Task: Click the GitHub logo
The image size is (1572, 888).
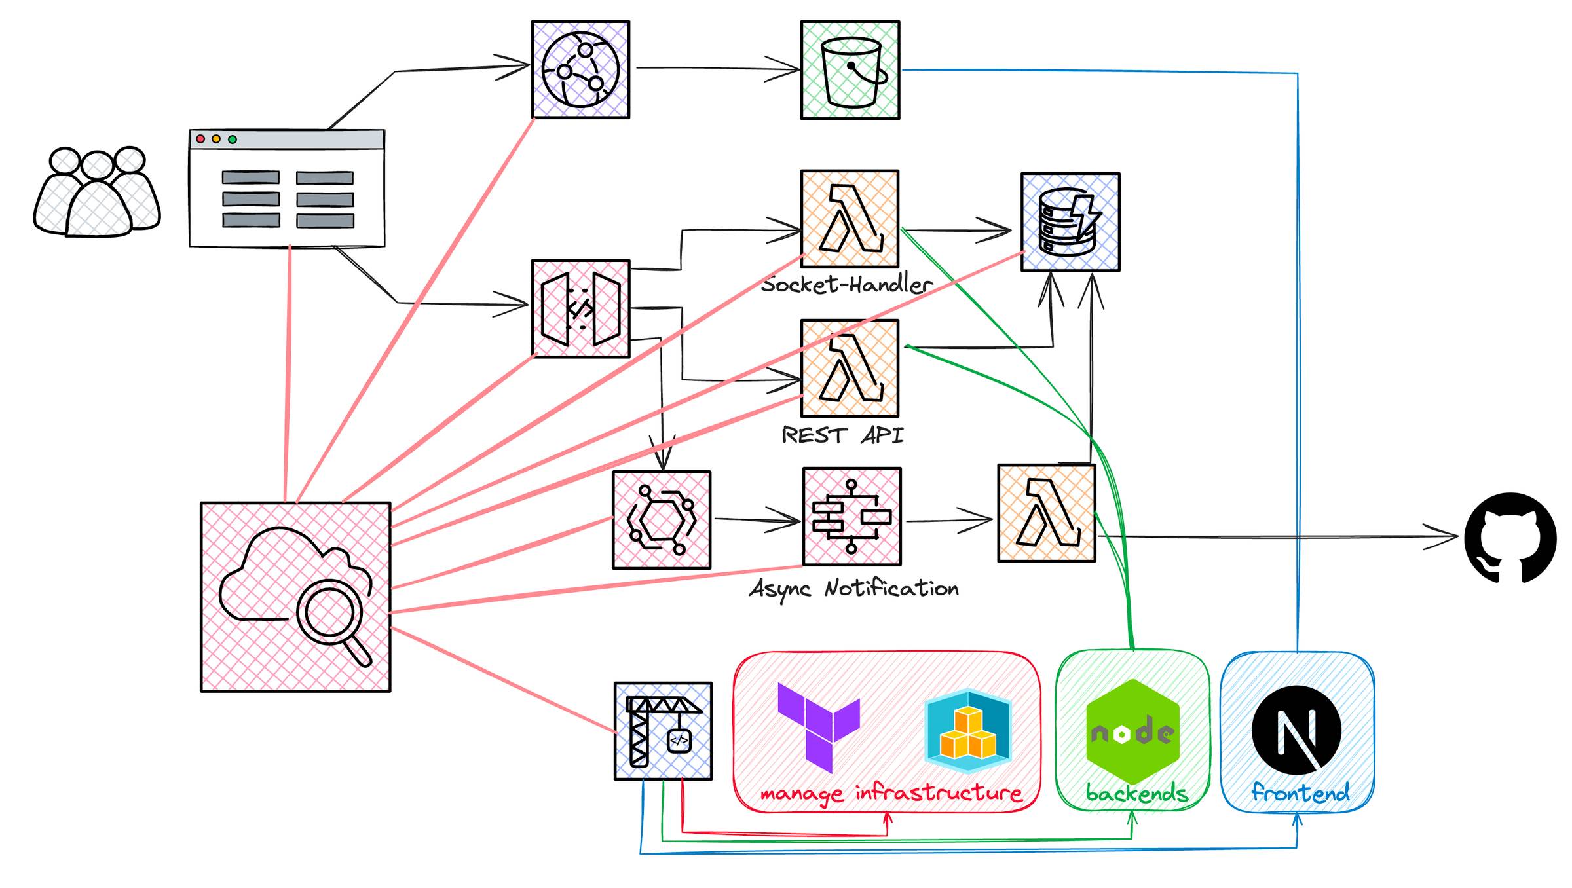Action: click(x=1510, y=538)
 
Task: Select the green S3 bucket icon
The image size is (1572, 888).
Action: click(x=850, y=70)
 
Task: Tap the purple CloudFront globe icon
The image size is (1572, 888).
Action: click(x=580, y=69)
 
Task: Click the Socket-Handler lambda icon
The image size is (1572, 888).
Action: click(x=850, y=219)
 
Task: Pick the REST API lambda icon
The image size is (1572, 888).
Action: click(x=850, y=368)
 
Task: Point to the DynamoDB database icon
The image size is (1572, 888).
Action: click(x=1070, y=222)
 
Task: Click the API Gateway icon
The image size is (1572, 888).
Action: click(x=581, y=308)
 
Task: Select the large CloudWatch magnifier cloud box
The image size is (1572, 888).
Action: click(x=295, y=597)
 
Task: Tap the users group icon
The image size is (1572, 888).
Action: click(x=97, y=191)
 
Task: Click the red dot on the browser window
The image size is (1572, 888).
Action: click(x=200, y=139)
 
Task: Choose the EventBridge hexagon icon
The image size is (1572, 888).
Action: click(x=662, y=520)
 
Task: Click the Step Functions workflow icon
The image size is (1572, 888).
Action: click(x=852, y=517)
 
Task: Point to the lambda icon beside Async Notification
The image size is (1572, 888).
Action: click(x=1047, y=513)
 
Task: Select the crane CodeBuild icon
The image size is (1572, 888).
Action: click(x=663, y=731)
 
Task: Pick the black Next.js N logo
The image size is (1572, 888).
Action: click(x=1296, y=730)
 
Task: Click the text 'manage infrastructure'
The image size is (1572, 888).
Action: click(x=891, y=794)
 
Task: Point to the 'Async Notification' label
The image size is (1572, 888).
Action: click(x=854, y=589)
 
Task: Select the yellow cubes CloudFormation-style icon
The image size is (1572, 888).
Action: click(x=968, y=731)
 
